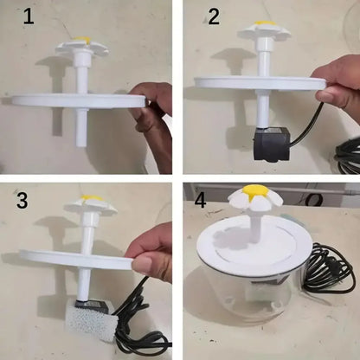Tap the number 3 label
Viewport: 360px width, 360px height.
point(23,202)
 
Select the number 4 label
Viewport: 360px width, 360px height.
point(201,200)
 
